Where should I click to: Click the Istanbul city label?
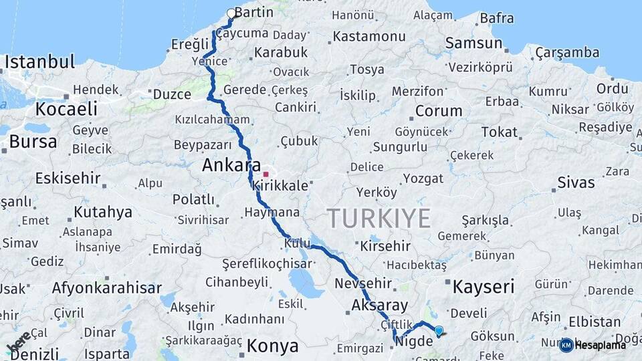coord(39,62)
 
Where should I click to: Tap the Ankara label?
coord(231,165)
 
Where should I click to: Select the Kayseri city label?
coord(484,287)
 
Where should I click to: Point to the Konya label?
coord(272,346)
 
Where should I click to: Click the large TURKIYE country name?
coord(379,218)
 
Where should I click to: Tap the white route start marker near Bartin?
coord(231,13)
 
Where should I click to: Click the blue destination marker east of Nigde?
coord(439,330)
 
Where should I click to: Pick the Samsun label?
coord(473,43)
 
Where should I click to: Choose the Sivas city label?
coord(576,183)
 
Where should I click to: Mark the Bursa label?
coord(33,141)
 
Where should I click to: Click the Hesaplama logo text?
coord(600,345)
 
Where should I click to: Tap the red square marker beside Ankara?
coord(265,174)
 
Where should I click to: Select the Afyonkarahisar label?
coord(107,288)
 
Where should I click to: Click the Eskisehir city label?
coord(68,178)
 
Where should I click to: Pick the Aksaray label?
coord(379,306)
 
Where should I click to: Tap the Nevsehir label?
coord(362,283)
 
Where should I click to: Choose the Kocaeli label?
coord(66,109)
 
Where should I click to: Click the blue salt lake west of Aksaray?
coord(306,283)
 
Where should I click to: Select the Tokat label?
coord(500,132)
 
